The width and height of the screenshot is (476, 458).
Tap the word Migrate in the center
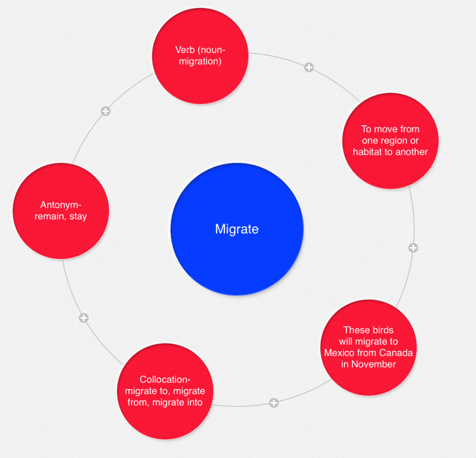[x=237, y=229]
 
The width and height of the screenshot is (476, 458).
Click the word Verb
[x=185, y=50]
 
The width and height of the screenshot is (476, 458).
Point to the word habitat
[x=367, y=152]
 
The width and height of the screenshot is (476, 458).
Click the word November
[x=375, y=364]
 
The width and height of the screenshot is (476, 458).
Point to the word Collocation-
[x=165, y=379]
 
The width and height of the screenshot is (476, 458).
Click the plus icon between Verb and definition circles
[x=309, y=68]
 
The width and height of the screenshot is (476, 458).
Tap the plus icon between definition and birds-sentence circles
[x=413, y=248]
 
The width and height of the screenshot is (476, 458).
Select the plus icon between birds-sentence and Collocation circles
[x=274, y=403]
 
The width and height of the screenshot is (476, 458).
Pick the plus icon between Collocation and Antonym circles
[x=84, y=318]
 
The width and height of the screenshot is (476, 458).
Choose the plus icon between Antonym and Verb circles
[x=106, y=111]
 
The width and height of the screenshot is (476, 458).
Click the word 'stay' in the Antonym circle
[x=78, y=216]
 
